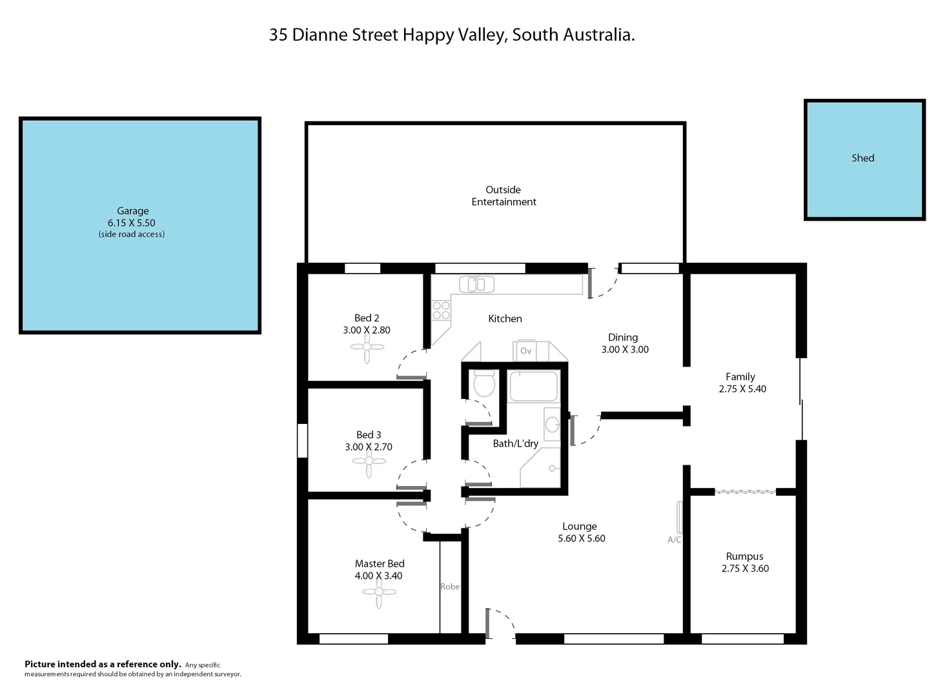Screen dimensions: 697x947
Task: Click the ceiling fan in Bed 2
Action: coord(367,347)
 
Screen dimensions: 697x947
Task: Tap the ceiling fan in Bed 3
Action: coord(369,461)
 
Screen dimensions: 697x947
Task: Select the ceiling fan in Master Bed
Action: coord(379,592)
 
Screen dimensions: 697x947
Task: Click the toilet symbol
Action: coord(484,383)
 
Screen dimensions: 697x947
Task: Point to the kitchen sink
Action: coord(476,284)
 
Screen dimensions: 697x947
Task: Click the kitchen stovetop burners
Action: coord(441,310)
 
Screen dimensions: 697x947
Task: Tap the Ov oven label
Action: coord(525,351)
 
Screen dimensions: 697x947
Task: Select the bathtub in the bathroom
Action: coord(533,387)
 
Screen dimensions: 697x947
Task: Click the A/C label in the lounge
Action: coord(674,540)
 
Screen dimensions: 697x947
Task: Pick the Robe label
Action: coord(450,587)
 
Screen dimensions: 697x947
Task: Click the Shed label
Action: coord(862,158)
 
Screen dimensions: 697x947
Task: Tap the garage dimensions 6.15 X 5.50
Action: coord(132,223)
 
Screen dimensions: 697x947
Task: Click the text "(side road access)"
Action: coord(132,234)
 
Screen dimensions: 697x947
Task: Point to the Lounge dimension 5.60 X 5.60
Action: coord(582,538)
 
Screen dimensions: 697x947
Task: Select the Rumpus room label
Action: coord(744,556)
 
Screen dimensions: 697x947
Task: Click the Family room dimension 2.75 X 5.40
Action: coord(742,389)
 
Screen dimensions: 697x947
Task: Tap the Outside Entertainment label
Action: coord(504,196)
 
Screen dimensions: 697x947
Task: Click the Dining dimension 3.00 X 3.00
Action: coord(625,349)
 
